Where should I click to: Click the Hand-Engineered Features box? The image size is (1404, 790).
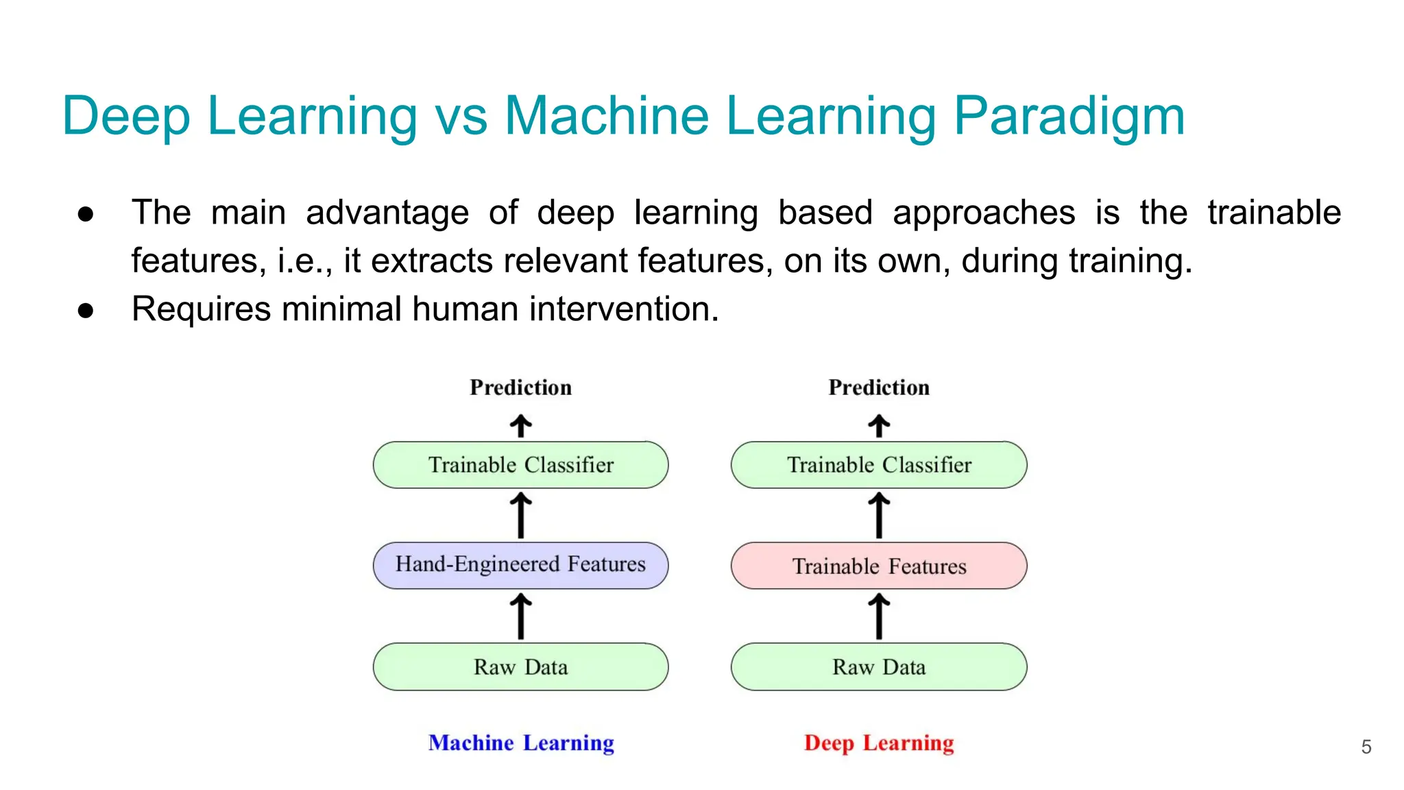tap(520, 565)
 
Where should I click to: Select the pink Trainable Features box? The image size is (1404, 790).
tap(879, 566)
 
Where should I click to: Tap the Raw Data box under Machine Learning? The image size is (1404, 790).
tap(520, 667)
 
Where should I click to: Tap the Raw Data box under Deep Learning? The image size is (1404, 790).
tap(879, 667)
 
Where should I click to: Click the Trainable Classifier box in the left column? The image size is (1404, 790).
tap(520, 465)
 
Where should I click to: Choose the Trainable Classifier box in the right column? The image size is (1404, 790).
tap(879, 465)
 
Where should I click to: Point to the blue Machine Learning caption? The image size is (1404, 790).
tap(521, 743)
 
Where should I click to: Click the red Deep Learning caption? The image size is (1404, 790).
tap(879, 743)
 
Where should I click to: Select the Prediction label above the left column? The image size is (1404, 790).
tap(520, 387)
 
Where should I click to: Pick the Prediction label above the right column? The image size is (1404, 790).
tap(879, 387)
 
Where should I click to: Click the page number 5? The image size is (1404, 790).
tap(1366, 747)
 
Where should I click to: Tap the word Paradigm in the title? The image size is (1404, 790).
tap(1069, 117)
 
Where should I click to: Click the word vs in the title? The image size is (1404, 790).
tap(461, 117)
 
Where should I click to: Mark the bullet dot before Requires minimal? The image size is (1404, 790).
tap(86, 311)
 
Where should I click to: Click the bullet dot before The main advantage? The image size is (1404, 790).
tap(86, 214)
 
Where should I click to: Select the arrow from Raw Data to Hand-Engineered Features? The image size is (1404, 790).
tap(520, 616)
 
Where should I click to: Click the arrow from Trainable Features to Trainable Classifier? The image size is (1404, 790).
tap(879, 515)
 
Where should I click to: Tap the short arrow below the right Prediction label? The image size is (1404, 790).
tap(879, 425)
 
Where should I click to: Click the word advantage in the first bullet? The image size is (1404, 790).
tap(387, 213)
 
